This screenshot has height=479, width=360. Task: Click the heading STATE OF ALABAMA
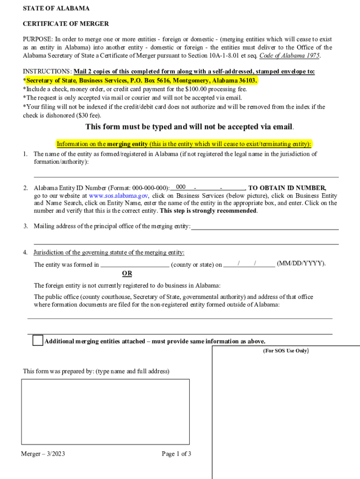[56, 8]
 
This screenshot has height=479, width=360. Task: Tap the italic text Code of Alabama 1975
[290, 55]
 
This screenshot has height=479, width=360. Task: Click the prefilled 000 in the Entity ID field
[181, 187]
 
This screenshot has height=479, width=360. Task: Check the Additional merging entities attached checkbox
[38, 341]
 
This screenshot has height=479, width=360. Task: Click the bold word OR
[127, 273]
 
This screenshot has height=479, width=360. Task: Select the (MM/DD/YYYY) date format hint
[301, 264]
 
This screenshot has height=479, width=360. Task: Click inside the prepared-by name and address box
[105, 412]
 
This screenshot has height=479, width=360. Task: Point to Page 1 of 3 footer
[176, 454]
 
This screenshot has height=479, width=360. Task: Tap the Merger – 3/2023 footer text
[43, 454]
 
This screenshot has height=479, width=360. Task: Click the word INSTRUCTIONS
[47, 72]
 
